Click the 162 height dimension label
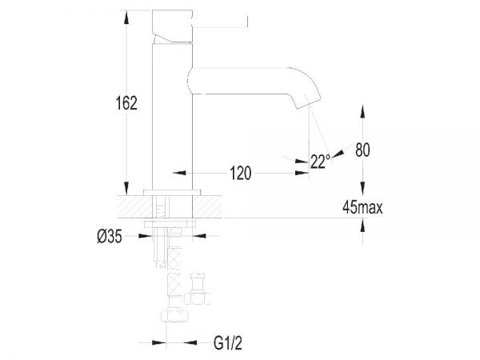coord(126,103)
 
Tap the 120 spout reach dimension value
coord(241,173)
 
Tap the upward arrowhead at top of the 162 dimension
coord(126,13)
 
